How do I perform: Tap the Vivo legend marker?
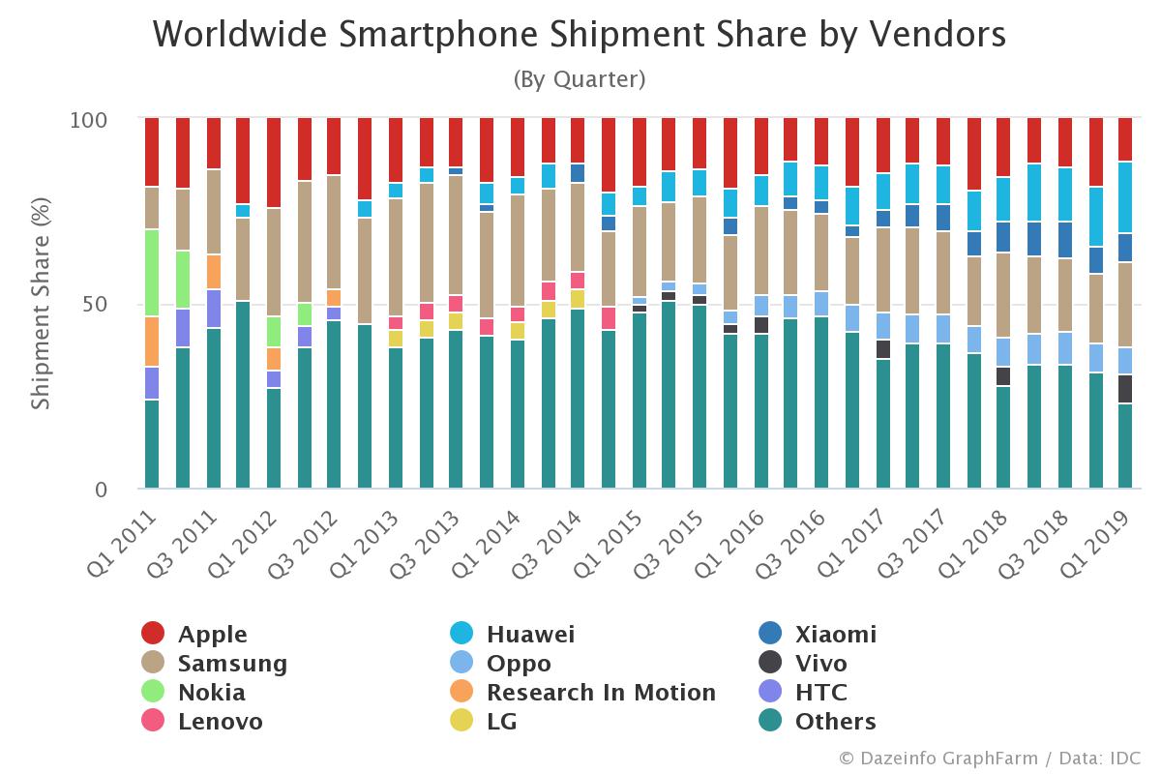(x=770, y=664)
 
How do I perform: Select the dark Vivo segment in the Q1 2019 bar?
(x=1125, y=389)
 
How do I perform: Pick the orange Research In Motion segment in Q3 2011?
(x=213, y=272)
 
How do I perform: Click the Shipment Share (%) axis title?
(x=41, y=304)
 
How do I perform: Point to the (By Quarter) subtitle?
(x=579, y=79)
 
